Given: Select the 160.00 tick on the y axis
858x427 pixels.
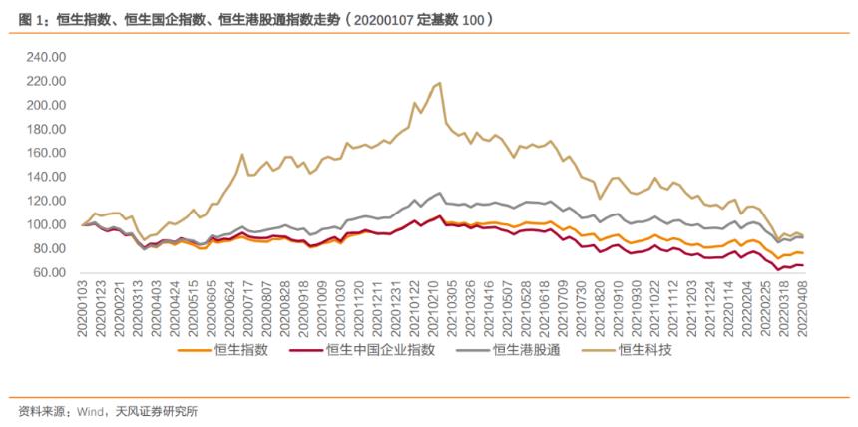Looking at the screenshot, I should click(45, 153).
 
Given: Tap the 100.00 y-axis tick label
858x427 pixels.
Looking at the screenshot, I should click(45, 224).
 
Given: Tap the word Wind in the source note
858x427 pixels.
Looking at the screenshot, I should click(91, 411).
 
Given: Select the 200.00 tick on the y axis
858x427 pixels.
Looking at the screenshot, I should click(45, 105).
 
